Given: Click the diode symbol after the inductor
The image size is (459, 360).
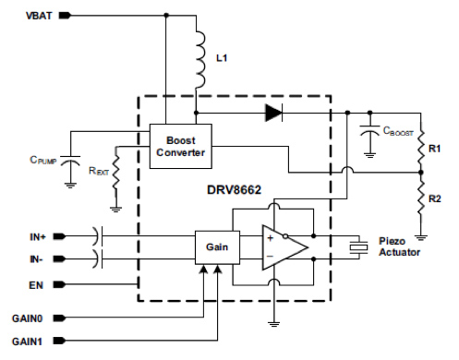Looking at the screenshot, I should [272, 114].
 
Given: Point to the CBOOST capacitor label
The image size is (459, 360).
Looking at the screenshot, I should [398, 134].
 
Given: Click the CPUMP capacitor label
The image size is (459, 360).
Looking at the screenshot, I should [41, 158].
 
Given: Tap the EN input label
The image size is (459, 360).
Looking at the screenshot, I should [35, 285].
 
